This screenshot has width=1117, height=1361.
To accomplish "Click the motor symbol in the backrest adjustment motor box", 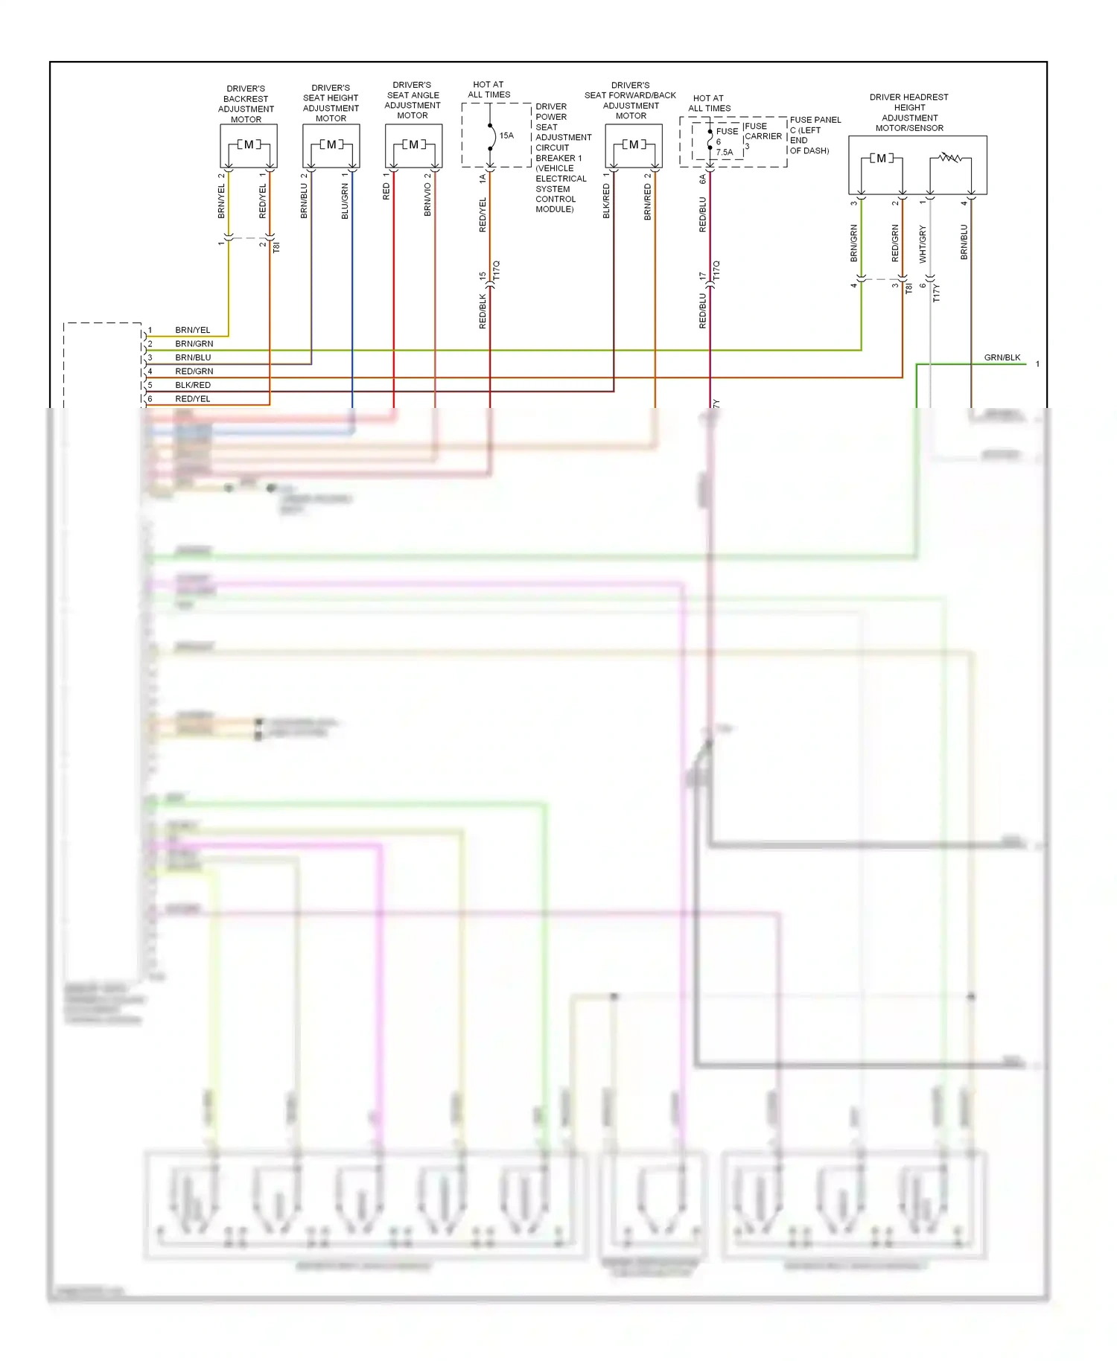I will coord(249,144).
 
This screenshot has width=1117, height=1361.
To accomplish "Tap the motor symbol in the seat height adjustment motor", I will coord(331,144).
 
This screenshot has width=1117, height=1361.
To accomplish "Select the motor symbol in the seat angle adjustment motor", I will coord(413,144).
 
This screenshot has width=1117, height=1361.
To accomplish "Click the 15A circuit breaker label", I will coord(506,136).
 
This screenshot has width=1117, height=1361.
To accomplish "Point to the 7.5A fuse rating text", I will coord(725,152).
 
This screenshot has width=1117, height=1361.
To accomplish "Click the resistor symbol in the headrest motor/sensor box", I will coord(949,158).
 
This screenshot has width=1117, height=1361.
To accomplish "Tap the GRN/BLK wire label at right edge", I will coord(1002,357).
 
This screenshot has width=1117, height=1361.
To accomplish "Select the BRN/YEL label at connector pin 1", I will coord(193,330).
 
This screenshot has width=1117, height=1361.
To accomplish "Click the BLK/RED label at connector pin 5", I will coord(193,385).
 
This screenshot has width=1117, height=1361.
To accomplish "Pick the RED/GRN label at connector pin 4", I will coord(194,371).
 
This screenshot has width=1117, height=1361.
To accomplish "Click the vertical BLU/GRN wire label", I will coord(345,201).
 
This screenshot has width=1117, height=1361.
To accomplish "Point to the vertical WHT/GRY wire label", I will coord(923,244).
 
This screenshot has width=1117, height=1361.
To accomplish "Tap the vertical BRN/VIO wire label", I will coord(427,200).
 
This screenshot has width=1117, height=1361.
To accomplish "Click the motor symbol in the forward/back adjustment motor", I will coord(634,144).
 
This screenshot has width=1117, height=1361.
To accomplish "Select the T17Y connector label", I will coord(937,293).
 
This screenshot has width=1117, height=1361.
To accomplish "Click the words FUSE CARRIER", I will coord(763,131).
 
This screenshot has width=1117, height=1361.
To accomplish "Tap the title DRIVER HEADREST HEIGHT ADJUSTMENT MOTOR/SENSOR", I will coord(909,112).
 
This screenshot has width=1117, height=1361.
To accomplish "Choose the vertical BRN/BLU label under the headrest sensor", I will coord(964,242).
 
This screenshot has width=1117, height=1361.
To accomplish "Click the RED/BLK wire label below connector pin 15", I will coord(483,311).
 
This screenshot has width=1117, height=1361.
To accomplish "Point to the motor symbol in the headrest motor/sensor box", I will coord(882,158).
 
